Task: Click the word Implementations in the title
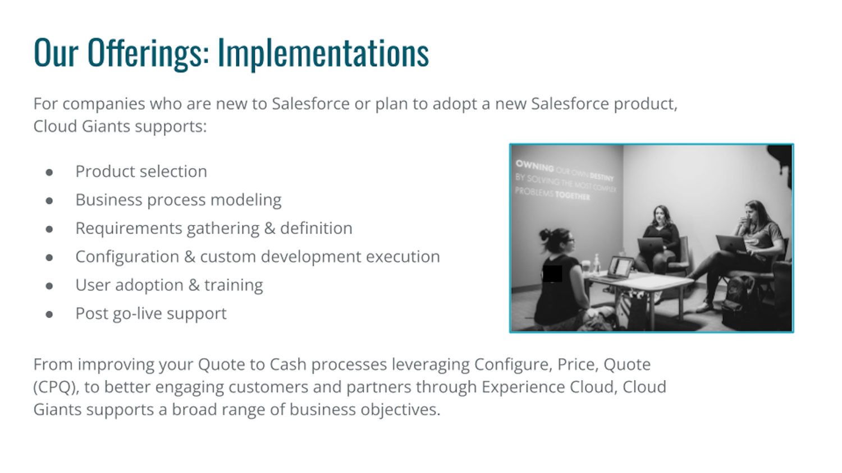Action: click(x=323, y=53)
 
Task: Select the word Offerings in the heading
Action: click(x=149, y=53)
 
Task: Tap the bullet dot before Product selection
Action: click(x=49, y=172)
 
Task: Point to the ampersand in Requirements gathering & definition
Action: click(x=269, y=228)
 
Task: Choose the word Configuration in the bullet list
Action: click(x=127, y=257)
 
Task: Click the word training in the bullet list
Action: click(x=234, y=285)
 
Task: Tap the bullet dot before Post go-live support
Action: click(x=49, y=314)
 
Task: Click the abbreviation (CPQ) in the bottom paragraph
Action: click(x=56, y=387)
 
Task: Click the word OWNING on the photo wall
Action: click(x=534, y=165)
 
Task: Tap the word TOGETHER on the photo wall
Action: click(x=573, y=196)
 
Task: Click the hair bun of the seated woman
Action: click(x=545, y=235)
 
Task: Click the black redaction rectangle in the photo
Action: click(x=552, y=273)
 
